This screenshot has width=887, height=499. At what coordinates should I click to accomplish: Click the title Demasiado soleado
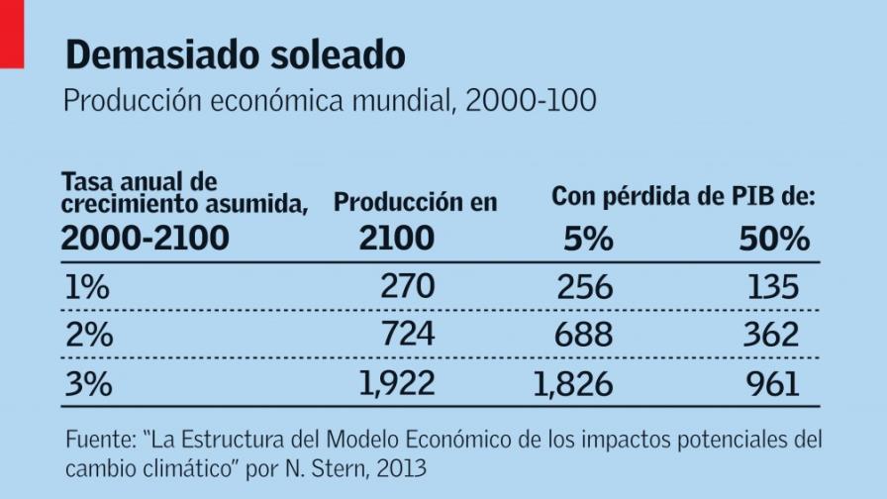click(x=235, y=56)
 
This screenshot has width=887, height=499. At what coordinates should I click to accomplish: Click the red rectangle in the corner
click(x=11, y=34)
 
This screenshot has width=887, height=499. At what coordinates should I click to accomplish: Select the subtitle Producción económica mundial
click(x=330, y=102)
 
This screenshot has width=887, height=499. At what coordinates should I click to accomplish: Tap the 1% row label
click(x=87, y=287)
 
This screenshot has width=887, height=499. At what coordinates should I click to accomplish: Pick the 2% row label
click(x=89, y=335)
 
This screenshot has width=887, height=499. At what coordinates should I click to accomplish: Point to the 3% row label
click(x=89, y=383)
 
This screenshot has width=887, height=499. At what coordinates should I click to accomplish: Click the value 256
click(x=583, y=287)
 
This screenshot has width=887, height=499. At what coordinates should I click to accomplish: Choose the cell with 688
click(x=583, y=335)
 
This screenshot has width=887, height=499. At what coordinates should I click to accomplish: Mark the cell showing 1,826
click(x=573, y=383)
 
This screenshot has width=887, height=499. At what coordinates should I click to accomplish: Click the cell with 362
click(x=772, y=335)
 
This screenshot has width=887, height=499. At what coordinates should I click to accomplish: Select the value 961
click(x=772, y=383)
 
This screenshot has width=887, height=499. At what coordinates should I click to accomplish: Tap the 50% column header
click(x=774, y=239)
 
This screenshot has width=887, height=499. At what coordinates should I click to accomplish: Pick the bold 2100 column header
click(x=396, y=239)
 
